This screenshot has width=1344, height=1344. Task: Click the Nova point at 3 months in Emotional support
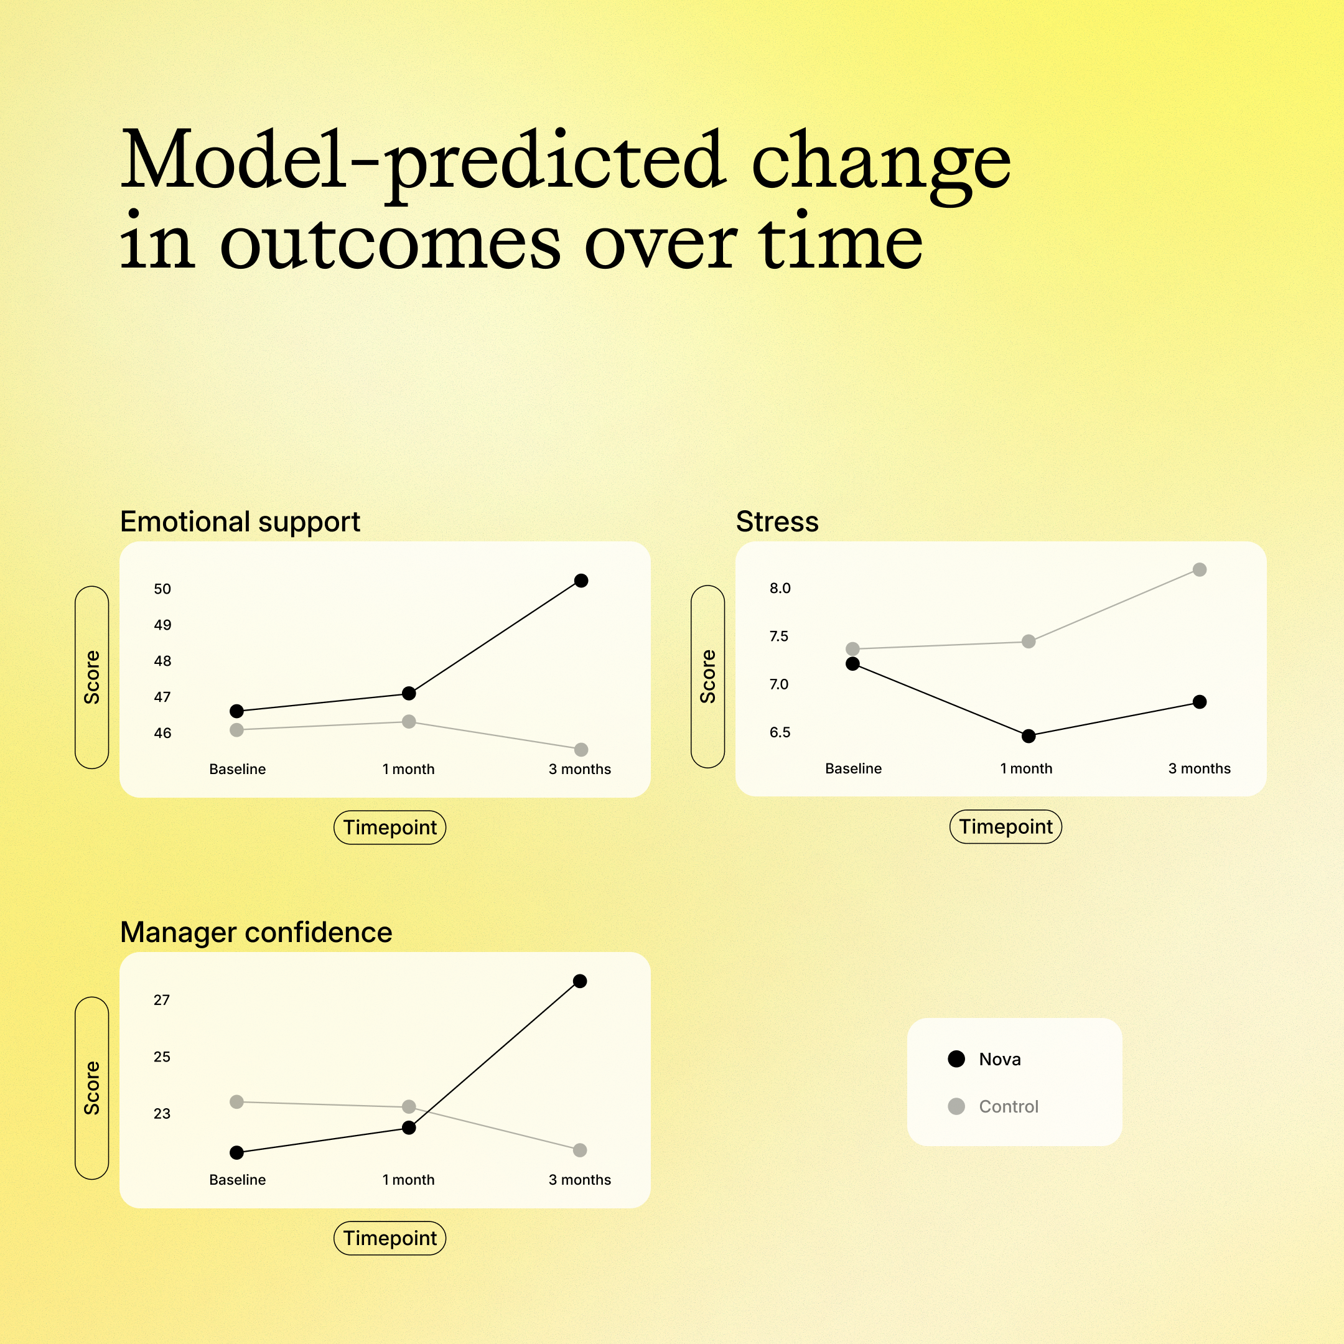pos(582,580)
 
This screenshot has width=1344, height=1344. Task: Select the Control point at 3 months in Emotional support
pos(582,749)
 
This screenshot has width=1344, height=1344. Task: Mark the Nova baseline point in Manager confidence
pos(236,1153)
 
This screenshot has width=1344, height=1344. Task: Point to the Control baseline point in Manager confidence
pos(236,1102)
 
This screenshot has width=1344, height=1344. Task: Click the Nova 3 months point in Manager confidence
pos(580,981)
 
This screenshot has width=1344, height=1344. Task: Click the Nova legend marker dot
pos(956,1059)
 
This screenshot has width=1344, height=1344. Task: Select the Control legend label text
pos(1009,1106)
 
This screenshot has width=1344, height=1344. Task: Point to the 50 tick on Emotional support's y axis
pos(162,589)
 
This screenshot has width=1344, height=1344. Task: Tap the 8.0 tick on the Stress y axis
pos(780,588)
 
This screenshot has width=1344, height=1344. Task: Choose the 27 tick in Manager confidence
pos(161,1000)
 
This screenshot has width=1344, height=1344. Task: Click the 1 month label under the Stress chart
pos(1026,768)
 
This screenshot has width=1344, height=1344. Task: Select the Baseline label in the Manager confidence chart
pos(237,1179)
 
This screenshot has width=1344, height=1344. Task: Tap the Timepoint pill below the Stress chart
pos(1006,826)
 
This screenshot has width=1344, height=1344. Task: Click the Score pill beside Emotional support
pos(92,677)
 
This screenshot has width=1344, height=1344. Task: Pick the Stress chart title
pos(777,521)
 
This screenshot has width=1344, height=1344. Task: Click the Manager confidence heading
pos(256,932)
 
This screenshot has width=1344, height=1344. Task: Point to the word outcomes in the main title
pos(390,243)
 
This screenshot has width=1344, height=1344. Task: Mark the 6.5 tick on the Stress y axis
pos(780,732)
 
